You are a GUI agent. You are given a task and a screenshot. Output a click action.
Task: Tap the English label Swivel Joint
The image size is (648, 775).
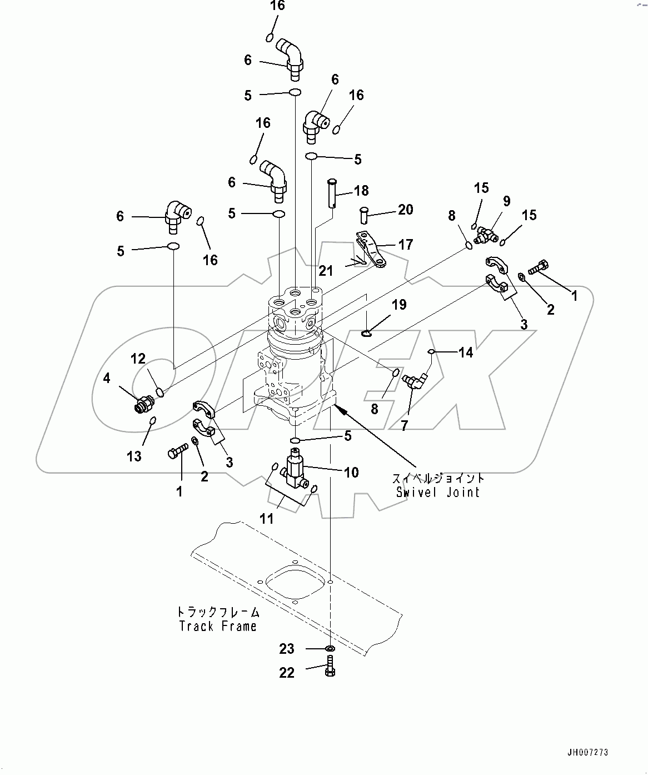click(x=437, y=492)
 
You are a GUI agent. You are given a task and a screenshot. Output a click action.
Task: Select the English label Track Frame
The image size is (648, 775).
click(x=218, y=626)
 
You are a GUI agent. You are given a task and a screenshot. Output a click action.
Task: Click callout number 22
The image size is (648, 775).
click(x=287, y=673)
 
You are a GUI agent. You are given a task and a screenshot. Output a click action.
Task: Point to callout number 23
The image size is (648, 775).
click(x=287, y=649)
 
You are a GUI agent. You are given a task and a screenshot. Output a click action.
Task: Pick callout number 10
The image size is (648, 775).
click(x=351, y=473)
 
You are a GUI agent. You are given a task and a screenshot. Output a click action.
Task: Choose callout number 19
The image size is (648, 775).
click(x=399, y=305)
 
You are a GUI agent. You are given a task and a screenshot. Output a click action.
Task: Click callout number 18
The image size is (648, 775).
click(x=361, y=191)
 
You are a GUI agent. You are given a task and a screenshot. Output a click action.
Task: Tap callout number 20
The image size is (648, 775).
click(x=406, y=209)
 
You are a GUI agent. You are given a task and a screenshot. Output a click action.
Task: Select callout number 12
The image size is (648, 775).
click(x=138, y=359)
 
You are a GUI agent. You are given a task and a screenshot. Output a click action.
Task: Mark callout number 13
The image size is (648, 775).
click(x=134, y=456)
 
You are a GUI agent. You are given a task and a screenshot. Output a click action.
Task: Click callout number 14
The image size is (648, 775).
click(x=466, y=352)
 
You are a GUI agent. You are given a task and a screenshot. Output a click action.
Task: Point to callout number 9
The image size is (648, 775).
click(x=506, y=201)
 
